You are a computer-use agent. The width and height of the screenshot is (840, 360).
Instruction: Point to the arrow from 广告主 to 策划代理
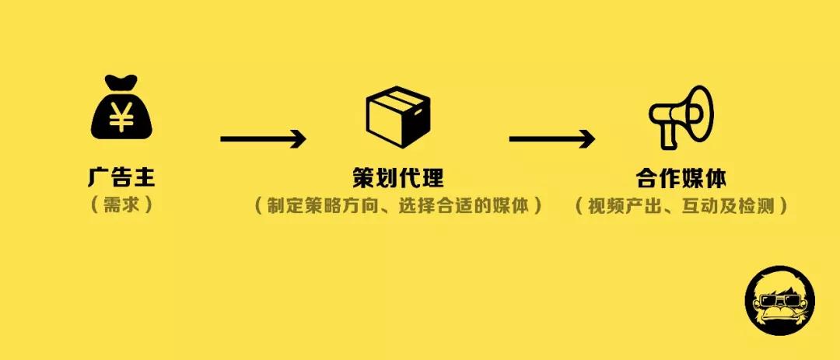pyautogui.click(x=263, y=140)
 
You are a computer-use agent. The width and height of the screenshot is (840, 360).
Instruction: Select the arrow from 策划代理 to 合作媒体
pyautogui.click(x=551, y=140)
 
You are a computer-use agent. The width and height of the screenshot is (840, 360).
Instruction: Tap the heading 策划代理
pyautogui.click(x=398, y=177)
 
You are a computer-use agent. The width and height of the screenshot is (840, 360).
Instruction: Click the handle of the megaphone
pyautogui.click(x=668, y=138)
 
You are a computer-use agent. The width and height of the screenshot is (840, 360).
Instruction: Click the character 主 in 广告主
pyautogui.click(x=144, y=177)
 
